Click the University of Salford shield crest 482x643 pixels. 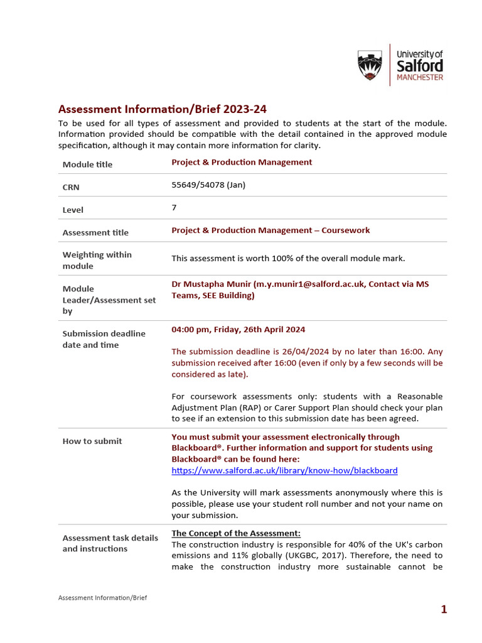pos(369,66)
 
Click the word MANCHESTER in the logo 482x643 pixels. pos(420,78)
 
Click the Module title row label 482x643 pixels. pos(88,165)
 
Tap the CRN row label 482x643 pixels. pos(71,187)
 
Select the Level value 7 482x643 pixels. pos(174,207)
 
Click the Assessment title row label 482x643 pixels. pos(95,232)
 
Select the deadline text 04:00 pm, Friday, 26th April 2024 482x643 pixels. pos(238,330)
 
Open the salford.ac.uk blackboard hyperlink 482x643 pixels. pos(284,470)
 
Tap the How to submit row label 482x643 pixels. pos(92,441)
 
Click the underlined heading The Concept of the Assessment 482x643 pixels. pos(236,533)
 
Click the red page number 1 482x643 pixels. pos(444,609)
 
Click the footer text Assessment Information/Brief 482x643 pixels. pos(102,598)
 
